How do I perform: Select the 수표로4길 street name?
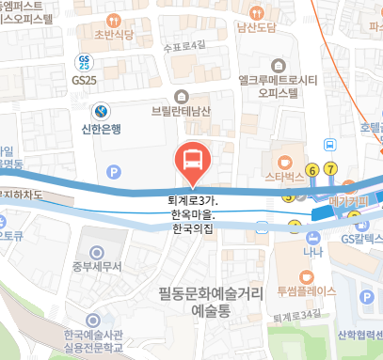tap(184, 45)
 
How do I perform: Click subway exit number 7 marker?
tap(330, 169)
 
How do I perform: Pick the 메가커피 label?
tap(346, 200)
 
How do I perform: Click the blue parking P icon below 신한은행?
tap(115, 172)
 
